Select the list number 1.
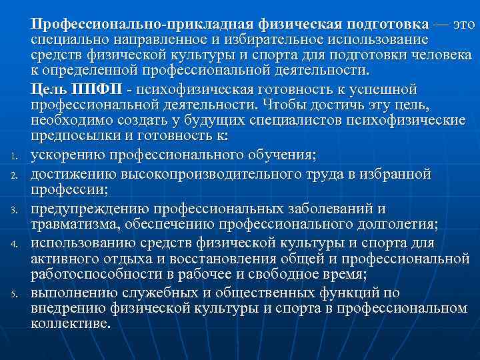click(13, 157)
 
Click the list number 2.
click(13, 175)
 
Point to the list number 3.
click(13, 210)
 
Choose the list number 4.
click(13, 243)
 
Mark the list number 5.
click(13, 293)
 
